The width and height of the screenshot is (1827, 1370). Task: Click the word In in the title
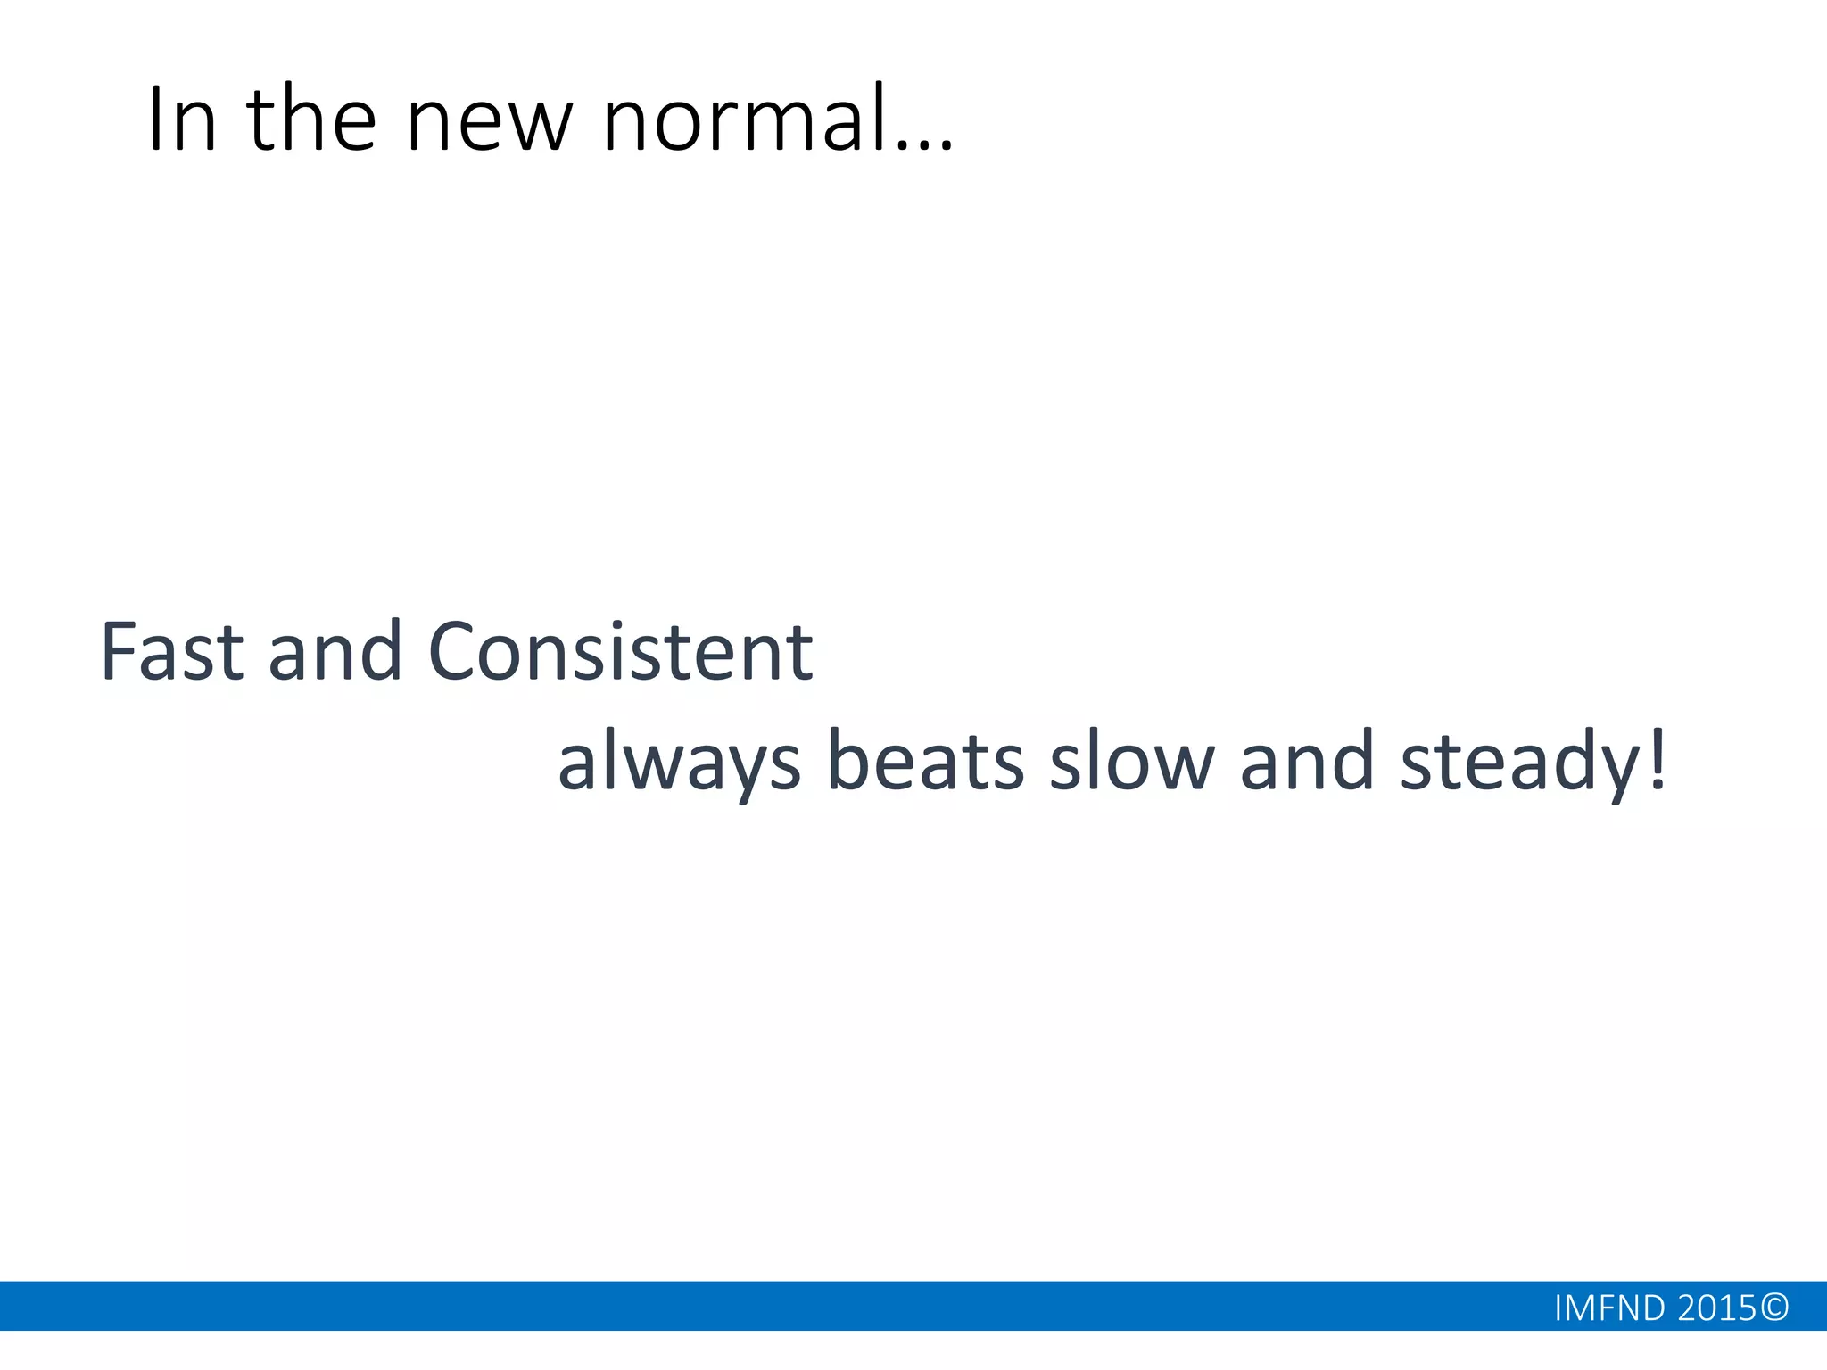[x=182, y=120]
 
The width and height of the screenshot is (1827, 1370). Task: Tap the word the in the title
[x=311, y=120]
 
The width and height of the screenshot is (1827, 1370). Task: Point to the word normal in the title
[x=744, y=120]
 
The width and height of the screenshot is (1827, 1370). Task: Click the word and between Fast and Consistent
[x=335, y=652]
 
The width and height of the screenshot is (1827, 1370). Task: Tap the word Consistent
[x=621, y=652]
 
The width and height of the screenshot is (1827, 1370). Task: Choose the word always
[x=679, y=763]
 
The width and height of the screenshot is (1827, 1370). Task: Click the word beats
[x=926, y=763]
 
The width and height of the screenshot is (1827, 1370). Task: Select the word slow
[x=1132, y=763]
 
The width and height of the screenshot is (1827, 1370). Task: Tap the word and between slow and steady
[x=1307, y=763]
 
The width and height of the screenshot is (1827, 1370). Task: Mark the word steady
[x=1520, y=763]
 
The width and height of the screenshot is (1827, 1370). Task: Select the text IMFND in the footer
[x=1609, y=1308]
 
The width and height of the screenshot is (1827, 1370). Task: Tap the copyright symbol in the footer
[x=1775, y=1308]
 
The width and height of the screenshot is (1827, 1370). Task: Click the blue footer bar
[x=714, y=1307]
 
